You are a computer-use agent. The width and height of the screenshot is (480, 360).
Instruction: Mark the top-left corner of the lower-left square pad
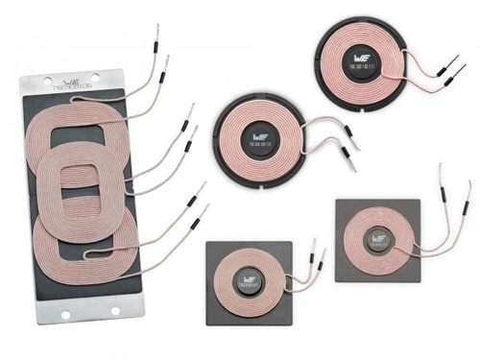tap(208, 243)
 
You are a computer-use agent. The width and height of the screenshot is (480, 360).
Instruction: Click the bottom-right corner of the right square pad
tap(420, 279)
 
